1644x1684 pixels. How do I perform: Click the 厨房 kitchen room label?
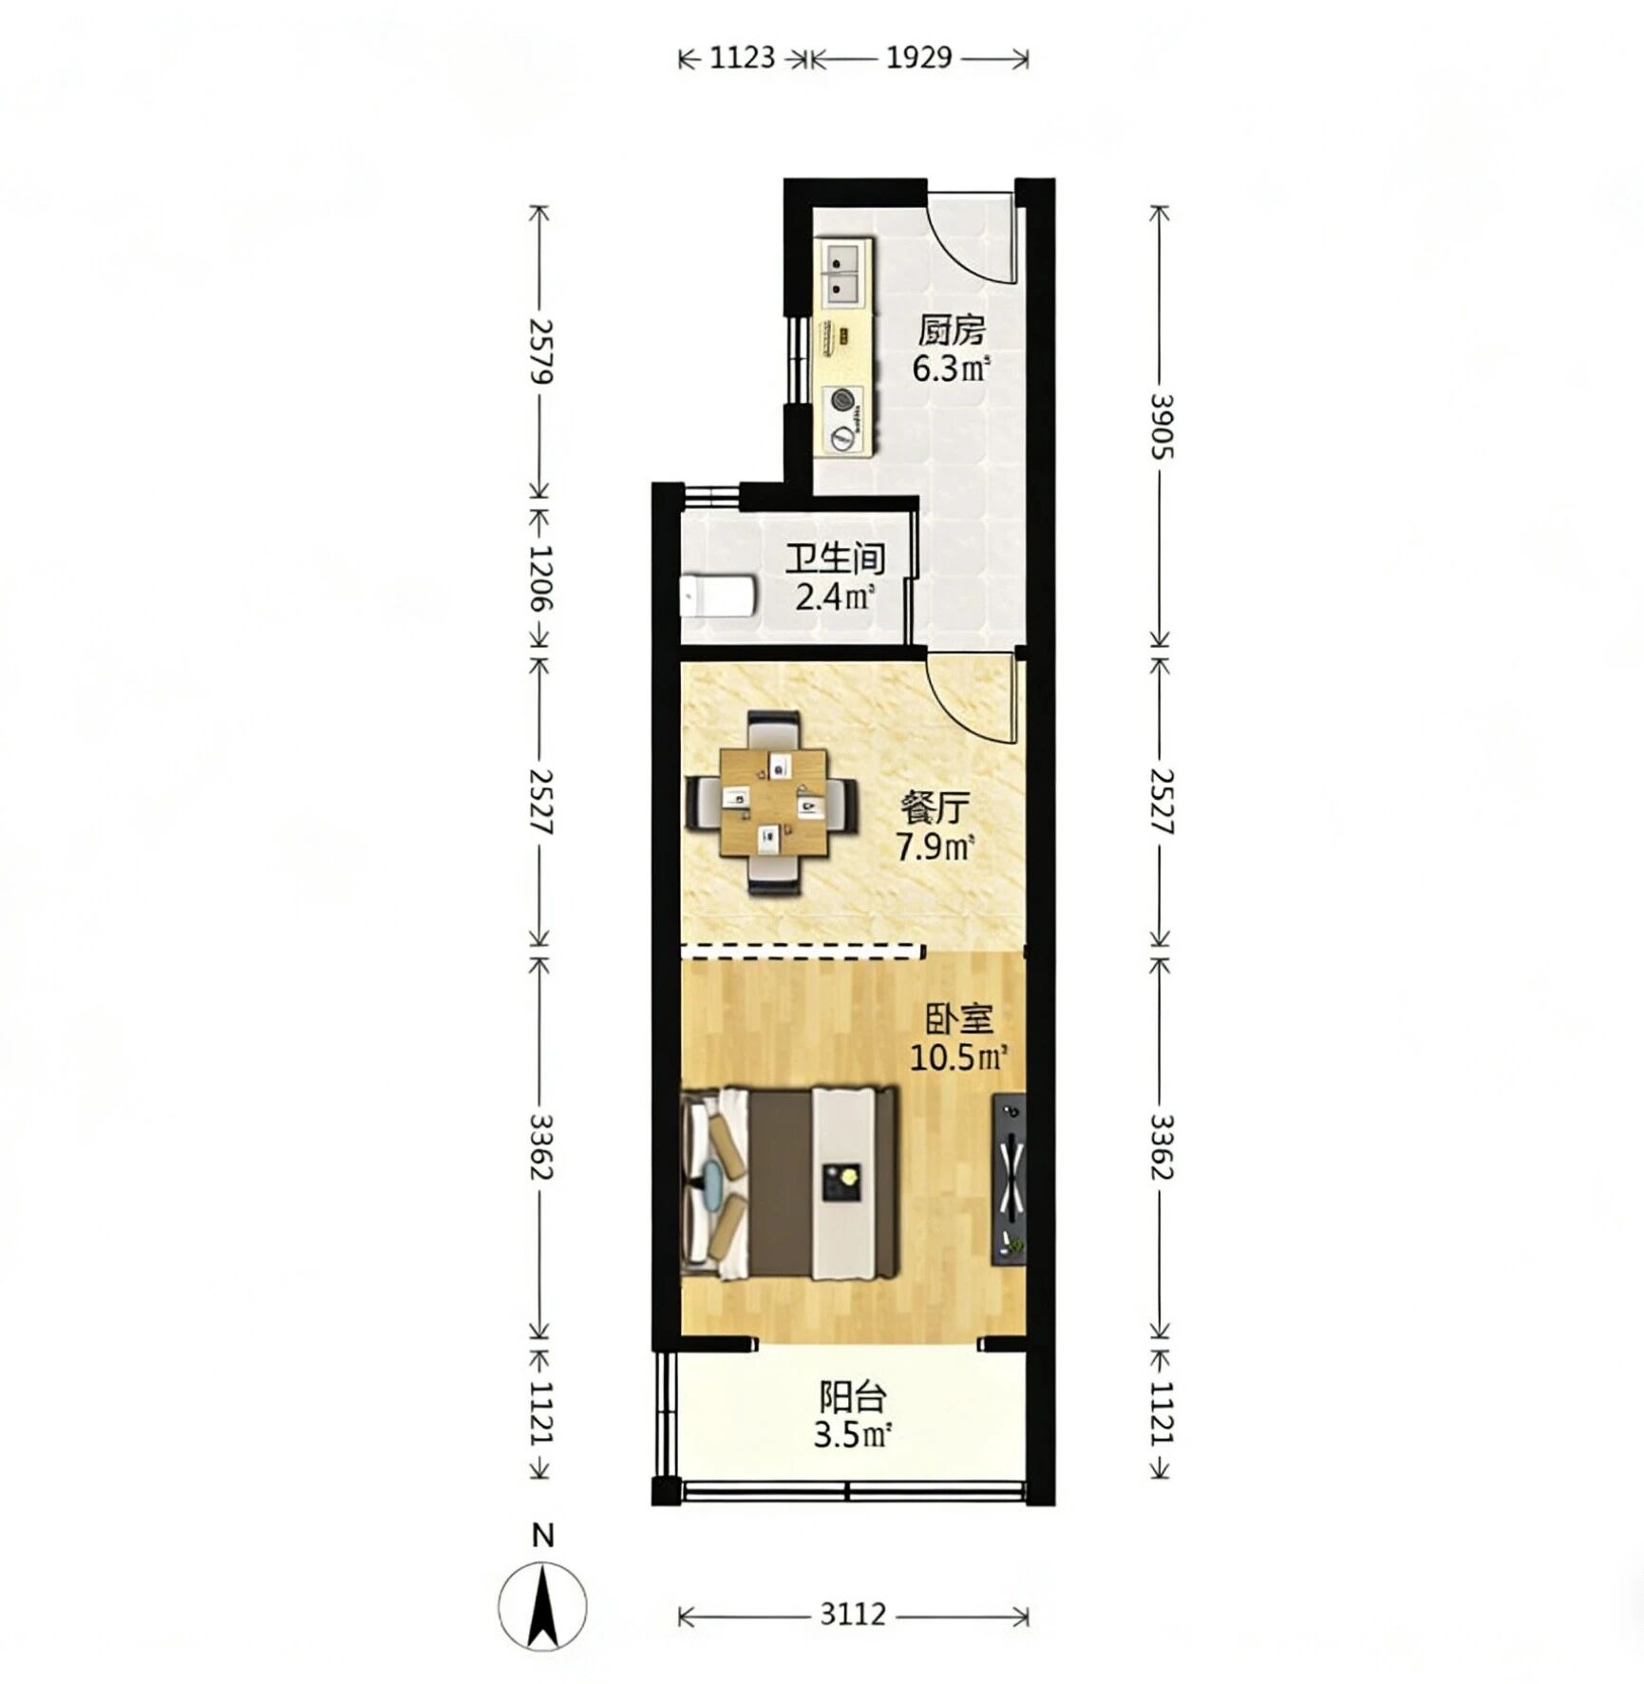(951, 331)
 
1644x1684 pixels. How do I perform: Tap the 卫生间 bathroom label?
(835, 558)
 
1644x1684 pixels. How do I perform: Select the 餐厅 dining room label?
(935, 808)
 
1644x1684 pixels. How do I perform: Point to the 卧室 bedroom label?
(959, 1019)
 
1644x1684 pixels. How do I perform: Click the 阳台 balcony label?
(853, 1397)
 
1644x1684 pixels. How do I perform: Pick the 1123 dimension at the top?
(743, 58)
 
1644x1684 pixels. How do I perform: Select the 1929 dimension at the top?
(918, 58)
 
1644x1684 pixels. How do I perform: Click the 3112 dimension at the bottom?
(853, 1614)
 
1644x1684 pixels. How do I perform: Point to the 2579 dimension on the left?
(540, 350)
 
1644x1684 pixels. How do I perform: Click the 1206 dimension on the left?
(540, 577)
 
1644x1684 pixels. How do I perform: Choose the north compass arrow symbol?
(542, 1607)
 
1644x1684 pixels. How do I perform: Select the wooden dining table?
(773, 804)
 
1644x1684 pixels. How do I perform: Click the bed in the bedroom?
(790, 1183)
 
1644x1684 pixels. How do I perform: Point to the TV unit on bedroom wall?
(1009, 1181)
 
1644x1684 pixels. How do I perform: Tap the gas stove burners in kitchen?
(843, 419)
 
